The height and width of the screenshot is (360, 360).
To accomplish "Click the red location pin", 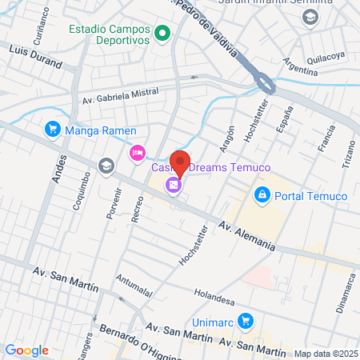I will click(x=180, y=162).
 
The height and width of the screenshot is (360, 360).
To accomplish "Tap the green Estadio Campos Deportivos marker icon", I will click(x=162, y=34).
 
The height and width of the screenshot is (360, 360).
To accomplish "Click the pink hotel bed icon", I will click(x=138, y=152).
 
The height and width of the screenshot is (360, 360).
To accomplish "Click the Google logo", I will click(x=26, y=350).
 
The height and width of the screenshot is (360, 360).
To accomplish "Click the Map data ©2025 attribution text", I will click(x=324, y=353).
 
